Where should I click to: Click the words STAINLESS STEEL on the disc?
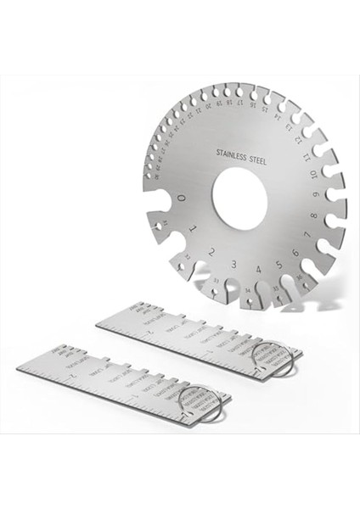[x=239, y=155]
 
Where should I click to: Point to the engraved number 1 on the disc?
[x=194, y=228]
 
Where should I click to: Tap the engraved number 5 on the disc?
[x=278, y=259]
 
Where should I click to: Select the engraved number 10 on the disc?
[x=315, y=176]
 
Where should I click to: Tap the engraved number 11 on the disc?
[x=311, y=158]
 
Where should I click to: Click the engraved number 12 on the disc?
[x=302, y=141]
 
